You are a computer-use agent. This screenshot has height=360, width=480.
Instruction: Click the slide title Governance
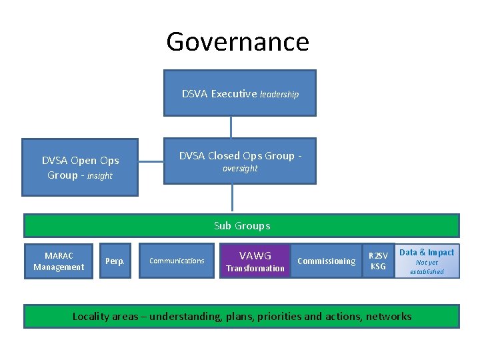(237, 42)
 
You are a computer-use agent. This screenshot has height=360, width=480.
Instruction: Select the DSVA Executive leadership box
(240, 93)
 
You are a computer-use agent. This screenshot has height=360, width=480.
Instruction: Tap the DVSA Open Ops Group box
(80, 167)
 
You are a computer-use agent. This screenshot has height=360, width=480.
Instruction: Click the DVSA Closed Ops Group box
(240, 161)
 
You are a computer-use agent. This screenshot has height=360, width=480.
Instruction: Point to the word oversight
(240, 169)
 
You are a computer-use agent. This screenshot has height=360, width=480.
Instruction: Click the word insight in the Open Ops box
(100, 176)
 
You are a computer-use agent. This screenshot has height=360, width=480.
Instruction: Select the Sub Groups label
(242, 226)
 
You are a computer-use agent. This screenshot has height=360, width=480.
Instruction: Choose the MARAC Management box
(59, 261)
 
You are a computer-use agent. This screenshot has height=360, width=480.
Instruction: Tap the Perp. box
(115, 261)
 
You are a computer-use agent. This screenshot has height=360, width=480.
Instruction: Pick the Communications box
(177, 261)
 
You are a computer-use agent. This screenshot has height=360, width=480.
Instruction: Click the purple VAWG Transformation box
(255, 261)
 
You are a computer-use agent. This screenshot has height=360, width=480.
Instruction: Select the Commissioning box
(326, 261)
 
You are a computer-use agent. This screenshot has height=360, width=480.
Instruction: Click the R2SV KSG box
(378, 261)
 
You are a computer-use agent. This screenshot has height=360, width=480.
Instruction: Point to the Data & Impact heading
(427, 252)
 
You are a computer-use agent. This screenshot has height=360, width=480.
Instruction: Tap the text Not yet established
(427, 267)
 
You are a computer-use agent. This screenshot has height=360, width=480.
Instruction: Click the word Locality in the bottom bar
(91, 316)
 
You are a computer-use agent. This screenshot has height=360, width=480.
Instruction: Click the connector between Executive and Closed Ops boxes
(231, 127)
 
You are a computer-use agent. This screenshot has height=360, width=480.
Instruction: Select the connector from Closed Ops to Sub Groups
(233, 199)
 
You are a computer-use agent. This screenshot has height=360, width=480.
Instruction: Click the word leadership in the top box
(279, 95)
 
